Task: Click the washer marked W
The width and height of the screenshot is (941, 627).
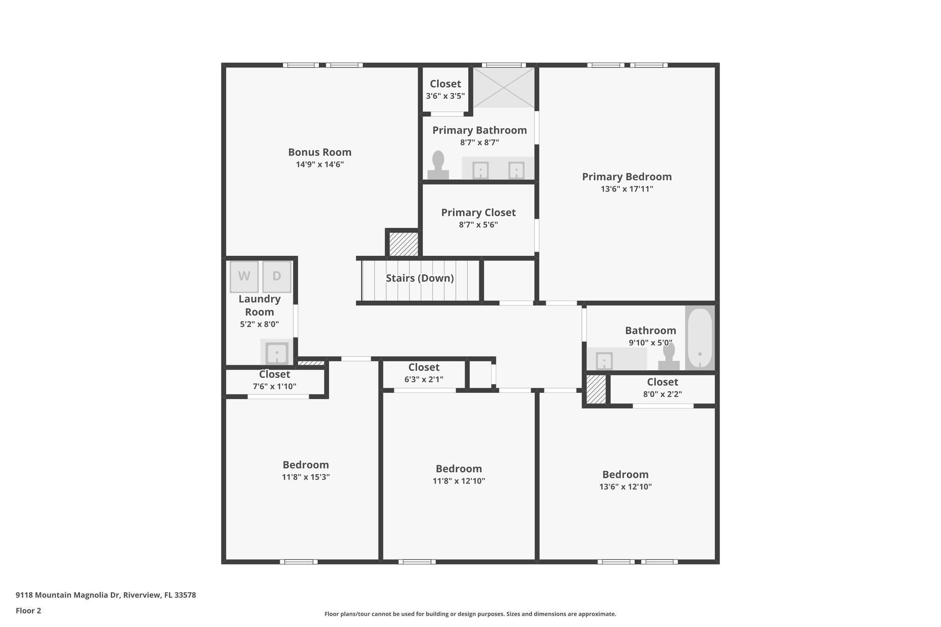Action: point(244,277)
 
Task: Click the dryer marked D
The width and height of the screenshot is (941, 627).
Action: point(277,277)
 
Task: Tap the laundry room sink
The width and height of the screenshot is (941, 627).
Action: point(277,353)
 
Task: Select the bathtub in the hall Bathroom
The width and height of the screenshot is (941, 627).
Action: point(700,338)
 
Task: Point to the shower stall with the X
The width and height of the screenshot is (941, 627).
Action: point(504,87)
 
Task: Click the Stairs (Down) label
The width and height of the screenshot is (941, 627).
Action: point(419,278)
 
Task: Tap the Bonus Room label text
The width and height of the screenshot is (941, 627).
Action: point(319,152)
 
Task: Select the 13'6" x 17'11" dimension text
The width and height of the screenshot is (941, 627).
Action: point(627,189)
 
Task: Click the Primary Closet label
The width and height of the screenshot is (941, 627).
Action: point(478,213)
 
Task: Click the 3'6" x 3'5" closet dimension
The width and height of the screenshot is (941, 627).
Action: point(445,96)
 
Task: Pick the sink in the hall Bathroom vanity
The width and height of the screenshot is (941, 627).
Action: point(604,361)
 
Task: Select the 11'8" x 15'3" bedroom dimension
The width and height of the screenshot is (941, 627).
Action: point(306,477)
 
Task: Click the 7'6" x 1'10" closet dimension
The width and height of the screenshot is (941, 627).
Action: point(274,386)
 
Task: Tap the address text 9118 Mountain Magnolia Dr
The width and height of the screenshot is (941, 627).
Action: point(106,595)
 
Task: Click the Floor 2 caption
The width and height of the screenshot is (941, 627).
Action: point(28,610)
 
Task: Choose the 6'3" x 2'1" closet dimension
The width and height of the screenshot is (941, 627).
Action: point(424,379)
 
